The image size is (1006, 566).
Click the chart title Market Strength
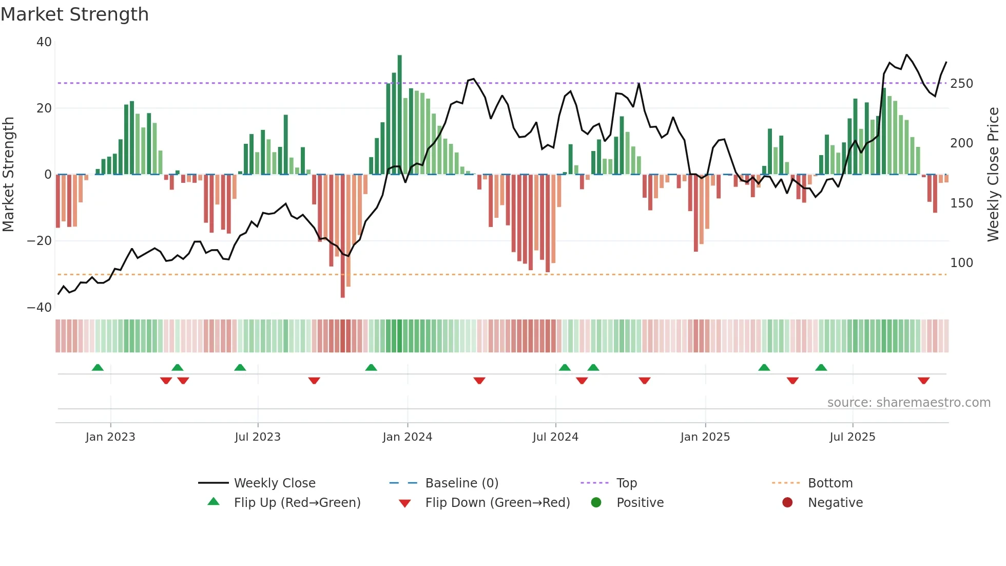pos(74,14)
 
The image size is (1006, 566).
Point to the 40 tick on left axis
pos(44,42)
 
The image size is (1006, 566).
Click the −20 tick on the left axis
pos(40,241)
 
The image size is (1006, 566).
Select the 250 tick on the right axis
pos(961,83)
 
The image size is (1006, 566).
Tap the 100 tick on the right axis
pos(961,263)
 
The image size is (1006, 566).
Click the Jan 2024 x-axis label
pos(407,437)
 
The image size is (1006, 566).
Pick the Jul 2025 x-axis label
pos(852,437)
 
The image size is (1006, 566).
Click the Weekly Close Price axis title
pos(993,175)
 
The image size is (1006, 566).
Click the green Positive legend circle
pos(596,502)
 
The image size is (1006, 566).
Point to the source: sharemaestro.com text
pos(908,403)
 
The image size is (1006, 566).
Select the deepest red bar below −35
pos(342,236)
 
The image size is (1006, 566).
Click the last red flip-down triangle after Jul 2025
pos(923,381)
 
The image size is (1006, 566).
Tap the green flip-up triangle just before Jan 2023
pos(98,367)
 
